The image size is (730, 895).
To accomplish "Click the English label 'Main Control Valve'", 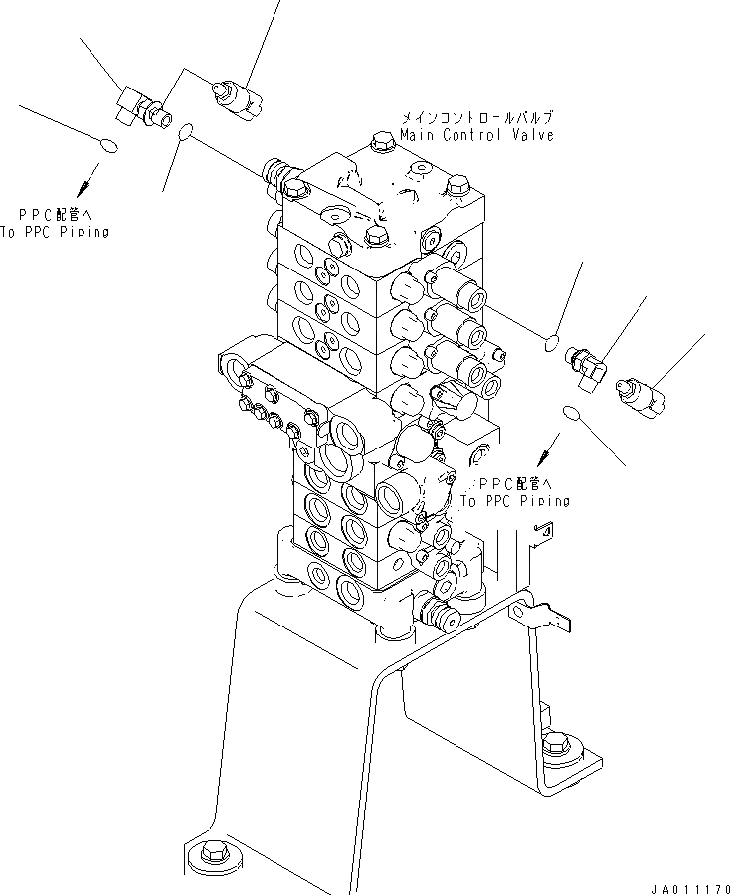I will pyautogui.click(x=476, y=134).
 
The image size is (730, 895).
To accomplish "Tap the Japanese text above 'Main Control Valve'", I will pyautogui.click(x=476, y=116).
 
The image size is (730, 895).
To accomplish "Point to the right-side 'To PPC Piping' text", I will pyautogui.click(x=515, y=500).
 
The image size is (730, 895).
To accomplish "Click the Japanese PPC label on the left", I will pyautogui.click(x=58, y=213).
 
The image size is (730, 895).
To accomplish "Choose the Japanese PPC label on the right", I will pyautogui.click(x=515, y=482).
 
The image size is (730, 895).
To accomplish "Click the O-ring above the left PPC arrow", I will pyautogui.click(x=110, y=148).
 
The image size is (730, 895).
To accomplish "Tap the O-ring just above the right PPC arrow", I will pyautogui.click(x=571, y=412).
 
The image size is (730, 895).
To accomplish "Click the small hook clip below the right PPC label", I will pyautogui.click(x=541, y=535).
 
